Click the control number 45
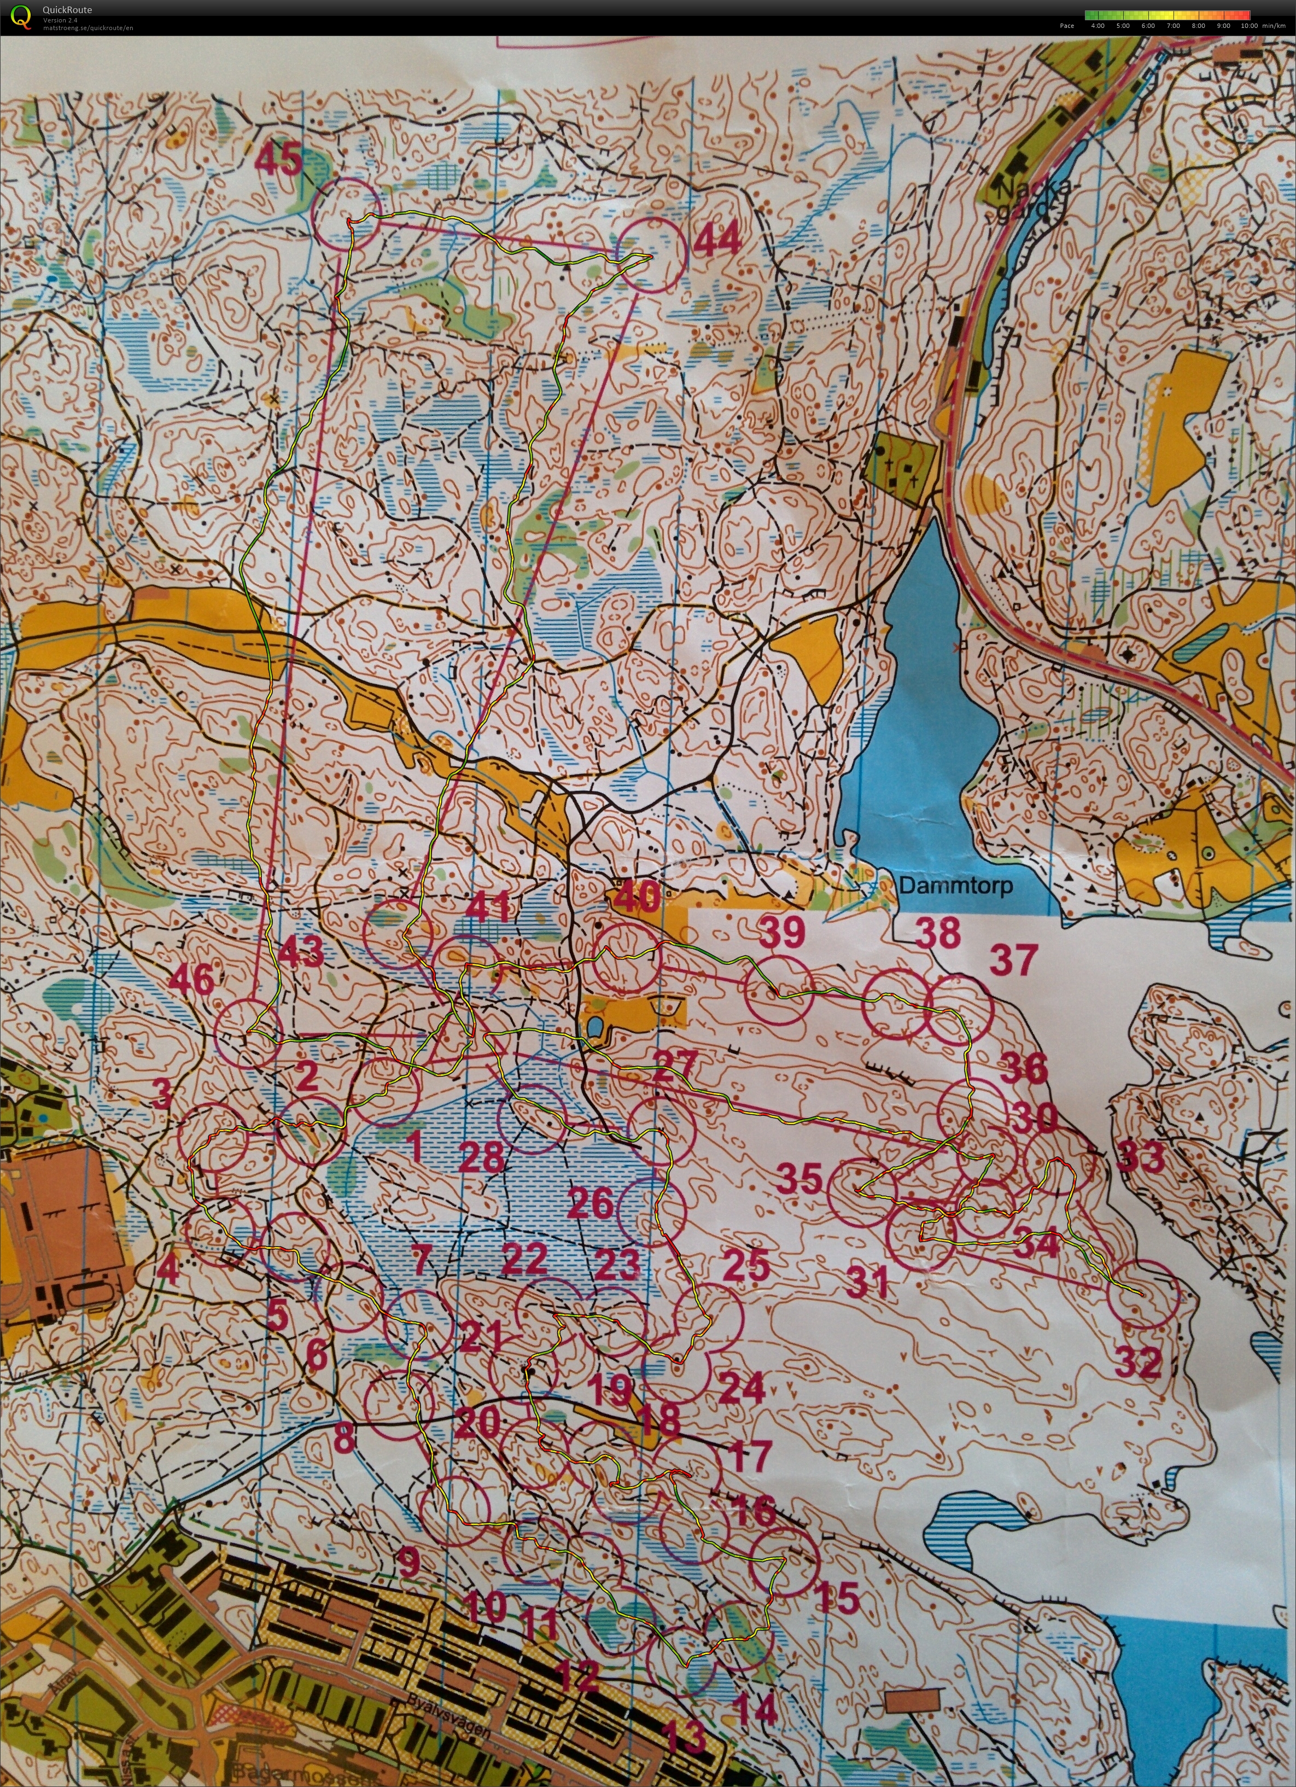coord(279,161)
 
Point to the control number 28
coord(481,1157)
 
